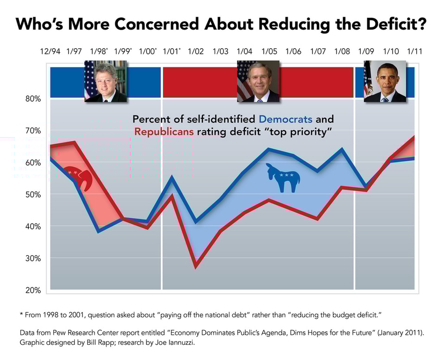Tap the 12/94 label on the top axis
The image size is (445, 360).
tap(50, 51)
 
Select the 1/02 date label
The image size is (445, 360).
tap(196, 51)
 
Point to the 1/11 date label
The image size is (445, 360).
tap(414, 51)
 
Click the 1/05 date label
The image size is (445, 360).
tap(269, 51)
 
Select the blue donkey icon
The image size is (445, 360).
tap(283, 178)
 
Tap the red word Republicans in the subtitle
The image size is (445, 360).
tap(164, 132)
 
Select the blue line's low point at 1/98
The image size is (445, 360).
tap(99, 231)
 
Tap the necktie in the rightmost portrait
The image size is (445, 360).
tap(385, 99)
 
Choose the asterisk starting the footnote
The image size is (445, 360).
tap(21, 315)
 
